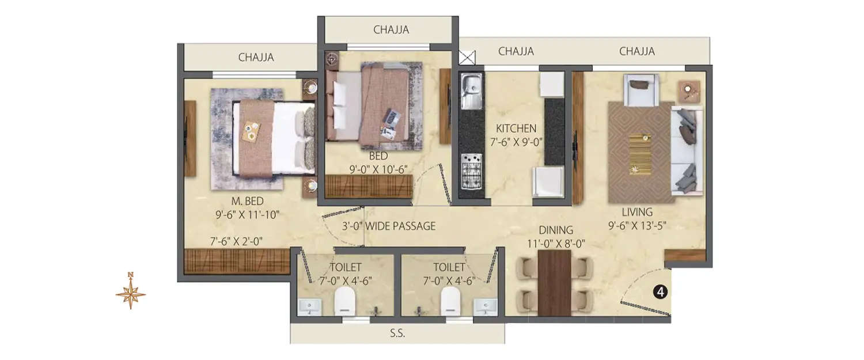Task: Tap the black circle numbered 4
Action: [661, 292]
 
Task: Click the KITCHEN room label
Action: [517, 128]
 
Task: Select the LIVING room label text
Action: [636, 212]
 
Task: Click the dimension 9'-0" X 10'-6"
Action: [378, 169]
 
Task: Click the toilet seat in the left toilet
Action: [346, 301]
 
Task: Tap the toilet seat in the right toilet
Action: [450, 301]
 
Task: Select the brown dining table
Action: [554, 282]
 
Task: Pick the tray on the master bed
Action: [252, 131]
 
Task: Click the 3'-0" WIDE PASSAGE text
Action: [388, 226]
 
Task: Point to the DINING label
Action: [556, 230]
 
